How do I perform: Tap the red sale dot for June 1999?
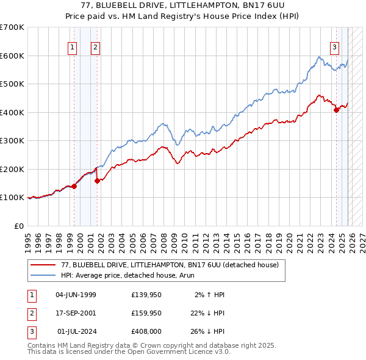74,186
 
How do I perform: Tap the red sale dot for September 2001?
97,181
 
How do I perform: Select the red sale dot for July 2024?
336,110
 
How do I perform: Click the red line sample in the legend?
43,265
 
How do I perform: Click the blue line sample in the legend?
43,275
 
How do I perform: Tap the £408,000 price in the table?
146,331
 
